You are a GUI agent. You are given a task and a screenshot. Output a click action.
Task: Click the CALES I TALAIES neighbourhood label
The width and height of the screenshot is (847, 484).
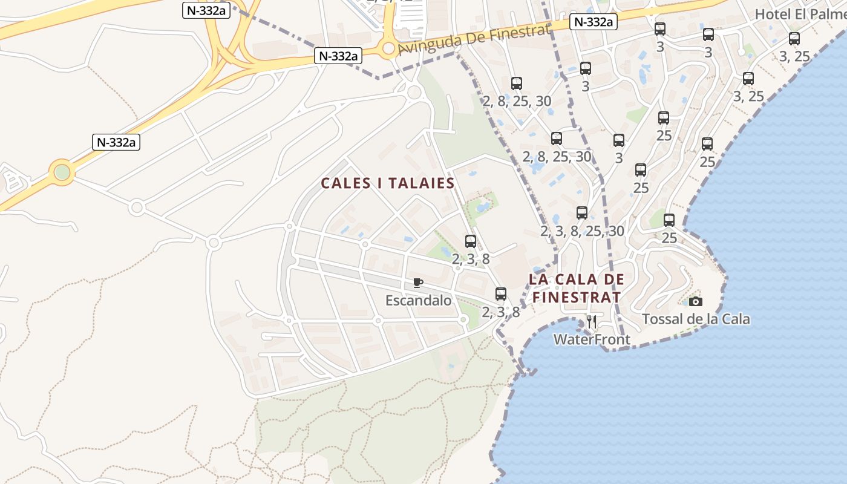(387, 183)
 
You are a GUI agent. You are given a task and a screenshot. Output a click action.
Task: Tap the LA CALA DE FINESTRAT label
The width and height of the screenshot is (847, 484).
(576, 288)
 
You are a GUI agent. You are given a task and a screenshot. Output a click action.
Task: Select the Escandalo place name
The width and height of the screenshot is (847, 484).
(419, 300)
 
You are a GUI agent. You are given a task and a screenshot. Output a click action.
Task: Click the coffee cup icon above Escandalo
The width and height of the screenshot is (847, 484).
(417, 283)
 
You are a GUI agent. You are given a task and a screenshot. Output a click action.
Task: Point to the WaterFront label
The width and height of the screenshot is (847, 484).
(592, 340)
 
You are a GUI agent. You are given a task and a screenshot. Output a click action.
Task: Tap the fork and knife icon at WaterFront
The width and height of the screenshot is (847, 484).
(592, 322)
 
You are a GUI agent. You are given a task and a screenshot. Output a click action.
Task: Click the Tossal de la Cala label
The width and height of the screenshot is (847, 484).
(696, 319)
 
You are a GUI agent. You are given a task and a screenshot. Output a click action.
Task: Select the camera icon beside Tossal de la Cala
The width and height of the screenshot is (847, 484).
(696, 301)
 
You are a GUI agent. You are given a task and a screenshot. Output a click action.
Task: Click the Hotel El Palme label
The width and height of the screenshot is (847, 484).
(800, 14)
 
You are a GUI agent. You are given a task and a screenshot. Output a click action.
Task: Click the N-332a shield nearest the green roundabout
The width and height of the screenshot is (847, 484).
(116, 142)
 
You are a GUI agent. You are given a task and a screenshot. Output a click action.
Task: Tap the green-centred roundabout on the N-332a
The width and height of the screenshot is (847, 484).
(62, 172)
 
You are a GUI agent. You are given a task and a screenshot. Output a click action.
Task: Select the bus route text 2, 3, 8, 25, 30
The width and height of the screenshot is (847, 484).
(582, 231)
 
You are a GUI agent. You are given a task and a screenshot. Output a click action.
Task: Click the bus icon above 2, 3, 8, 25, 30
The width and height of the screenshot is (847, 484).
(582, 213)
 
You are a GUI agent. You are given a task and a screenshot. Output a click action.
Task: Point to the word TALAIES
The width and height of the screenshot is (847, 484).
(421, 183)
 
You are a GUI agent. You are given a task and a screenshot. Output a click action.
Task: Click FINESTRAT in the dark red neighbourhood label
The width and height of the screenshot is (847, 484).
(576, 297)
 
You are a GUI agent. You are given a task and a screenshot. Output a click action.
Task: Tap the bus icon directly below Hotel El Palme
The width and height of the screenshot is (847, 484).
(794, 39)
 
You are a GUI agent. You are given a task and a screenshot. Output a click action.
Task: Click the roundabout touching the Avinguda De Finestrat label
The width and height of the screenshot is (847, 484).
(388, 48)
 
